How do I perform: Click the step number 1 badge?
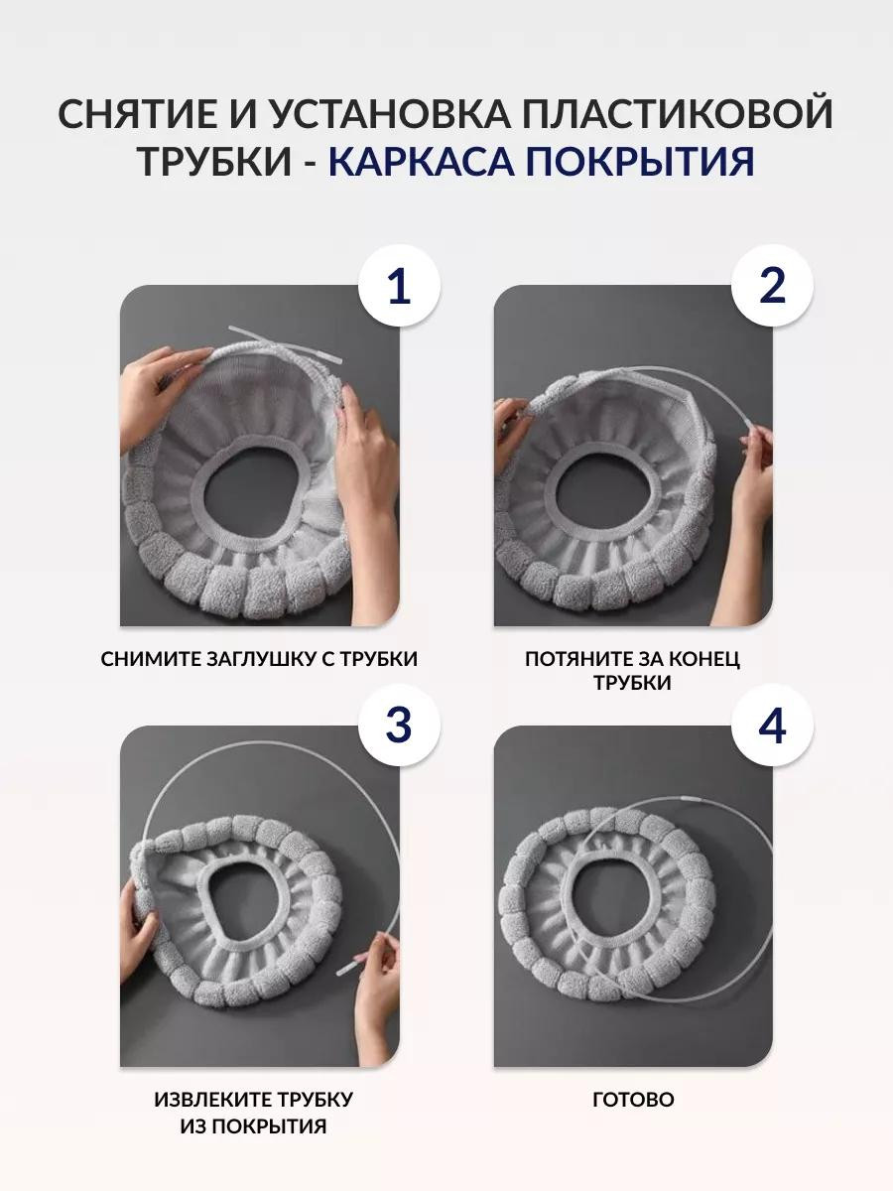coord(399,286)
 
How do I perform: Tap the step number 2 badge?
coord(772,286)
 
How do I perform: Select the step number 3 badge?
coord(399,725)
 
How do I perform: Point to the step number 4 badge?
coord(772,725)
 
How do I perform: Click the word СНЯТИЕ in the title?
coord(138,113)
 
